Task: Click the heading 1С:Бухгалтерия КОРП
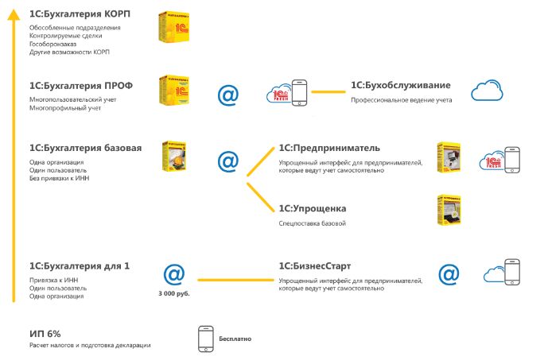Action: click(x=80, y=15)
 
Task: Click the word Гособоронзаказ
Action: click(x=52, y=44)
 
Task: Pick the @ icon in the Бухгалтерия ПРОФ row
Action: click(x=228, y=95)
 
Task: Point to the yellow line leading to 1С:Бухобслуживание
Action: click(x=323, y=93)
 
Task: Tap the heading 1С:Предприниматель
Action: click(x=329, y=149)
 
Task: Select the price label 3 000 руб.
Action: click(x=173, y=293)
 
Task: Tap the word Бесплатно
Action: click(x=235, y=339)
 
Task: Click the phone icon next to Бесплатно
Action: click(x=204, y=338)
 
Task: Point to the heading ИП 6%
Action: click(x=45, y=332)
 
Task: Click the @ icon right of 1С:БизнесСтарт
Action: click(x=449, y=275)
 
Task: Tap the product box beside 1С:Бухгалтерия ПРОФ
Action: click(x=173, y=91)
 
